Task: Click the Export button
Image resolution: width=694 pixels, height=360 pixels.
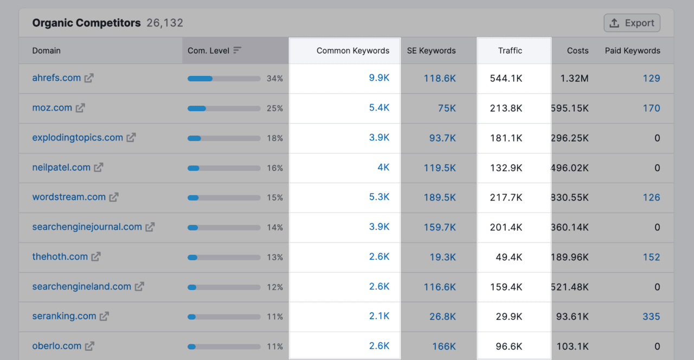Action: click(x=632, y=23)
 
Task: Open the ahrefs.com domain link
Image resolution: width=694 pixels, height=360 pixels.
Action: click(x=56, y=78)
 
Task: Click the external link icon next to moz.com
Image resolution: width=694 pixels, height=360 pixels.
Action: click(x=80, y=108)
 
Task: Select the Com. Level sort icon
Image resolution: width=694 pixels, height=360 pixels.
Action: click(x=237, y=50)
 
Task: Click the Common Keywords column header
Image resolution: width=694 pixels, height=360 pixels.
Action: click(x=352, y=51)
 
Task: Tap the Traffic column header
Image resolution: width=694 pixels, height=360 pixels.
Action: click(x=510, y=51)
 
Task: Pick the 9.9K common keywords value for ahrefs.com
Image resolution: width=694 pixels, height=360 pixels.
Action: click(x=379, y=78)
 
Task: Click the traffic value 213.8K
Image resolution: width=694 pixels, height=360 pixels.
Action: click(x=506, y=108)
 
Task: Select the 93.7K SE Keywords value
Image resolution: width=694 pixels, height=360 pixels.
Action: click(x=442, y=138)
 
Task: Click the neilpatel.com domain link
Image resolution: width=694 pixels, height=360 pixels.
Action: click(x=61, y=168)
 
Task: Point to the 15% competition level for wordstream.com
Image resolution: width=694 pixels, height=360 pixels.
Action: click(x=275, y=198)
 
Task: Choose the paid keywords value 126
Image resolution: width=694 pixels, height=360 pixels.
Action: click(x=651, y=197)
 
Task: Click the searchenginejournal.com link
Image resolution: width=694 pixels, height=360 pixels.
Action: click(x=87, y=227)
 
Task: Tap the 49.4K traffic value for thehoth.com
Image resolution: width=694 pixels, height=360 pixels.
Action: click(x=509, y=257)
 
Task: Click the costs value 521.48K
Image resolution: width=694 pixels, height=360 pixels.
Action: click(x=570, y=287)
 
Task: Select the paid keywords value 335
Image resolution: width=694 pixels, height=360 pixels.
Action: click(x=651, y=317)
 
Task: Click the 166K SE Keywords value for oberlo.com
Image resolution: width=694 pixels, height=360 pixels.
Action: click(x=444, y=346)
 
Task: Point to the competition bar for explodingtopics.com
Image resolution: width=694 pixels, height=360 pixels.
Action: click(x=224, y=138)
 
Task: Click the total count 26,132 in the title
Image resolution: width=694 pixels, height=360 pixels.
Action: click(x=165, y=23)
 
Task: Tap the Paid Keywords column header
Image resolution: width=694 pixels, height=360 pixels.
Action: click(x=632, y=51)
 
